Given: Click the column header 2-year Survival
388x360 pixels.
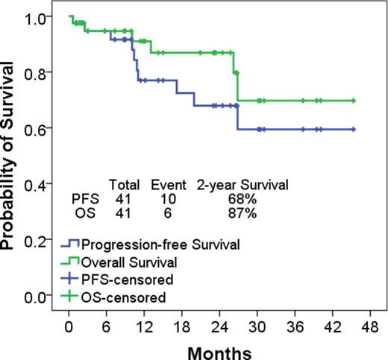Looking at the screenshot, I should [x=242, y=183].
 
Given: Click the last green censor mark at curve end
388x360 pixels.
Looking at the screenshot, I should [x=353, y=101].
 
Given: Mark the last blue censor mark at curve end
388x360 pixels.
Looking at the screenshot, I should [x=353, y=129].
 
